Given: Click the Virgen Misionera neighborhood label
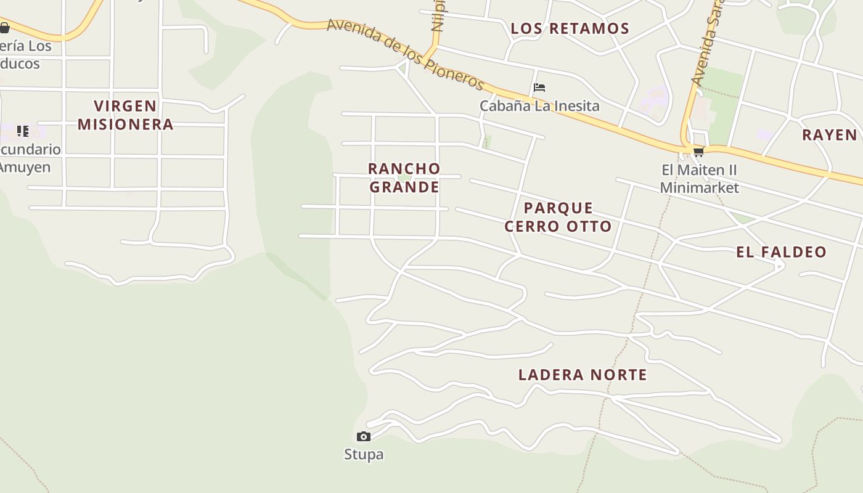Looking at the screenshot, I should pos(125,115).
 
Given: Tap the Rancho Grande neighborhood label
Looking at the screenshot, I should pos(404,177).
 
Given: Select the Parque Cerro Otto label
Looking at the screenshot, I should pos(558,217).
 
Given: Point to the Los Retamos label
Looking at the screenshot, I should pos(570,28).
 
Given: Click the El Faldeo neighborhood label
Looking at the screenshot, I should pos(781,252).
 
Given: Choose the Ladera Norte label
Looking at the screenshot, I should pos(583,375).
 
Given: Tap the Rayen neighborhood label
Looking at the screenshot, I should pos(829,135).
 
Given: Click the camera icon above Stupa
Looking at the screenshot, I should pos(364,437).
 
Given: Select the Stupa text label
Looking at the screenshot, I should pos(364,455).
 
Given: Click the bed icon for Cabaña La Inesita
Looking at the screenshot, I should pos(539,88).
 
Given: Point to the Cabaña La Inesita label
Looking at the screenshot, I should pos(539,106).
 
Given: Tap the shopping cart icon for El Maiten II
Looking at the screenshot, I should pos(698,152).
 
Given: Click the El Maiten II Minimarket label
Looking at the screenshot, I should pos(699,179).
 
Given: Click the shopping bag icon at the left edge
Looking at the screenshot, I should pos(4,27).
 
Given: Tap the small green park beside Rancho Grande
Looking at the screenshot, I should pos(404,177).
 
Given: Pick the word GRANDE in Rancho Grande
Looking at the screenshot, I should pos(404,187).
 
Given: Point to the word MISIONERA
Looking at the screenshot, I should pos(125,124).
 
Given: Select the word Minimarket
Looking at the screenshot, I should pos(699,187).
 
